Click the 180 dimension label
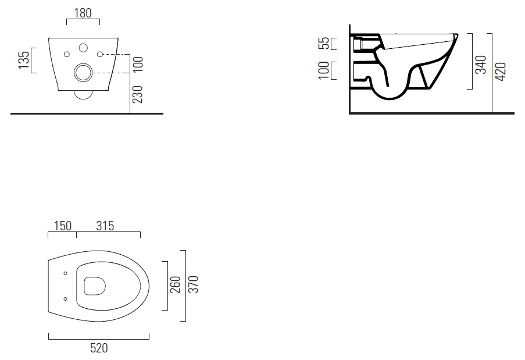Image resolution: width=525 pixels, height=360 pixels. [83, 13]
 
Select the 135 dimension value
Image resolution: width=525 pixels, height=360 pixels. [24, 60]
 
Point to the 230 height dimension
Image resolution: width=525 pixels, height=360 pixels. [138, 94]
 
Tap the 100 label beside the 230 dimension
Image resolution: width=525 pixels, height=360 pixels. [138, 63]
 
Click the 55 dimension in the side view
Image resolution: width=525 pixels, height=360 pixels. [324, 43]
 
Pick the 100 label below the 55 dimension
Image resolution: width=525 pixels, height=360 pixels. [324, 70]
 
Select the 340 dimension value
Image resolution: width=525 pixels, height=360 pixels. [480, 65]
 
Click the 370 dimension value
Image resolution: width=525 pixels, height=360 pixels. [194, 285]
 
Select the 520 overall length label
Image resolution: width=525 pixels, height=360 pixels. [99, 348]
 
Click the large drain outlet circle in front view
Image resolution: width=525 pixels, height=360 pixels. [83, 73]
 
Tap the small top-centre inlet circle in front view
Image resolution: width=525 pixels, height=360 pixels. [83, 48]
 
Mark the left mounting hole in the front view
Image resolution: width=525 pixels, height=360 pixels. [67, 54]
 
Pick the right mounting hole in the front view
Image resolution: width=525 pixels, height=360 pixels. [100, 54]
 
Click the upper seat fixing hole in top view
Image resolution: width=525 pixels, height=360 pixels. [65, 273]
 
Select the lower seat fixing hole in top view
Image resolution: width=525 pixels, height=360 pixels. [65, 299]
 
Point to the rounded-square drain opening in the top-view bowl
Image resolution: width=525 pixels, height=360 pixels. [95, 286]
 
